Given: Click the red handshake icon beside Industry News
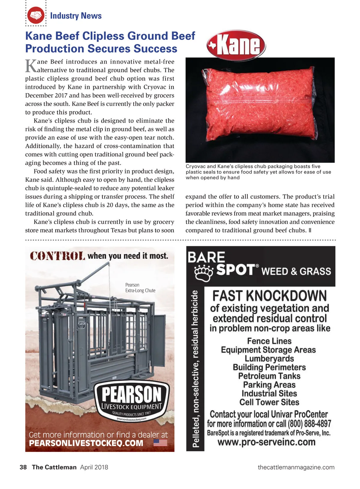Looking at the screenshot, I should click(x=36, y=15).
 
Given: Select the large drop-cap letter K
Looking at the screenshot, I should click(x=31, y=66).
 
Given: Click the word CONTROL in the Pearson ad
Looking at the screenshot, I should click(x=57, y=256).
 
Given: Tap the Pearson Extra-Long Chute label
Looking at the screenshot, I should click(x=140, y=288).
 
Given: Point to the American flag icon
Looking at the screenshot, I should click(x=160, y=443).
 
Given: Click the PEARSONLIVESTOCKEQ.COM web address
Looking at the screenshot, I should click(x=86, y=443).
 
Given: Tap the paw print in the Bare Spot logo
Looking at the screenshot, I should click(x=204, y=273).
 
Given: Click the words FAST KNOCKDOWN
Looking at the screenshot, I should click(x=269, y=296).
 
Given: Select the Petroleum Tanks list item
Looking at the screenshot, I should click(x=269, y=376).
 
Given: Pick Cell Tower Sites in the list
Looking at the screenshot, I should click(x=269, y=402).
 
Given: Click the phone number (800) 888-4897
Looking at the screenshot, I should click(x=309, y=424).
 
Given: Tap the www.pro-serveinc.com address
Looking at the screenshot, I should click(x=266, y=442).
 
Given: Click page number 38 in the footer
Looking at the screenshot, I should click(x=23, y=467).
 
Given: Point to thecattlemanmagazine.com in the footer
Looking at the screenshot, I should click(x=296, y=467).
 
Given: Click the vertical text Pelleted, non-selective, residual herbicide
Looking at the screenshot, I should click(x=195, y=369).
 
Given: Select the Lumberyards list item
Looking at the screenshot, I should click(x=269, y=359).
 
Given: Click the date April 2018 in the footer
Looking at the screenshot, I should click(x=94, y=467).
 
